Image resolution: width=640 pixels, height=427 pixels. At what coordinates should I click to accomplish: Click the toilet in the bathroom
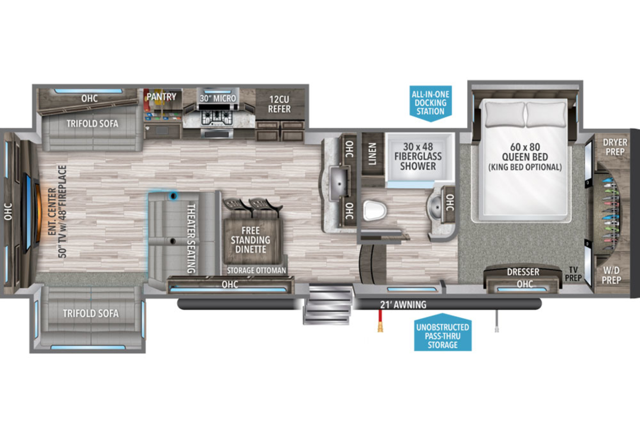point(374,211)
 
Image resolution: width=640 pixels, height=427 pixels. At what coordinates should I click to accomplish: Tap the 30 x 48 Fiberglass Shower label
point(418,156)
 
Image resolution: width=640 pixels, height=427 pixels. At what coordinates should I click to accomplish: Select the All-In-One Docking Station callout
point(430,103)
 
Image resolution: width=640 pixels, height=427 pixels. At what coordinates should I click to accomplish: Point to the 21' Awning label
point(403,305)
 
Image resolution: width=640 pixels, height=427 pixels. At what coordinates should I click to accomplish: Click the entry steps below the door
point(327,305)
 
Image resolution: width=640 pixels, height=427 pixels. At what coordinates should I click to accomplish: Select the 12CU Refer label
point(279,104)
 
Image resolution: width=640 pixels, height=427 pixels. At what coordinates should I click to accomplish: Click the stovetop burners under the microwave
point(217,117)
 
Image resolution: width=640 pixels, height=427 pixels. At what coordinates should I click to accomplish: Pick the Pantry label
point(162,97)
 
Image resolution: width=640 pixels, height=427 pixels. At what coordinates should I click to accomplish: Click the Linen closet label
point(372,154)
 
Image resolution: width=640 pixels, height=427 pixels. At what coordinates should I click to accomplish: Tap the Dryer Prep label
point(615,147)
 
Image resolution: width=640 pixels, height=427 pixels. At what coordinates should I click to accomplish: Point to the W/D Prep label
point(611,275)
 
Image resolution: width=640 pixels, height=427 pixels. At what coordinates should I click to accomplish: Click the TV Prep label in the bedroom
point(573,274)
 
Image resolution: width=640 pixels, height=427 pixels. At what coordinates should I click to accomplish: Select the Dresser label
point(523,272)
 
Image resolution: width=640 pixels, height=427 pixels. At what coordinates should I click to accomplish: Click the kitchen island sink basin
point(339,184)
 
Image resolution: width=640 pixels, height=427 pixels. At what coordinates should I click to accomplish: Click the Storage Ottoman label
point(257,270)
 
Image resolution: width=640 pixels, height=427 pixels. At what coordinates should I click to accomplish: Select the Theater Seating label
point(191,239)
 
